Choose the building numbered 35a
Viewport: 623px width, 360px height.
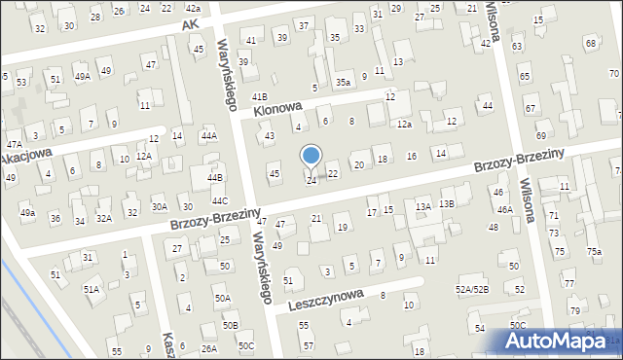point(343,83)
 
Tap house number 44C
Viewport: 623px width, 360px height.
point(220,201)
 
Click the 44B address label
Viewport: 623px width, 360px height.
point(215,177)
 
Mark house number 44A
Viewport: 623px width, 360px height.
point(208,136)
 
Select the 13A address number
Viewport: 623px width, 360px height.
point(422,206)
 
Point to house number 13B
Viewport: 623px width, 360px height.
point(446,203)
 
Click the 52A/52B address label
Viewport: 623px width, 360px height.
point(471,289)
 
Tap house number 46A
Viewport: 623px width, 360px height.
point(504,209)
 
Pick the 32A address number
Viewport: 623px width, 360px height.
point(104,217)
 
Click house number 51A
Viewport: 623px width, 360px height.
point(91,289)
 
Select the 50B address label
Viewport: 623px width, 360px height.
point(230,325)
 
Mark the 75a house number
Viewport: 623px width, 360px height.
point(593,252)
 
